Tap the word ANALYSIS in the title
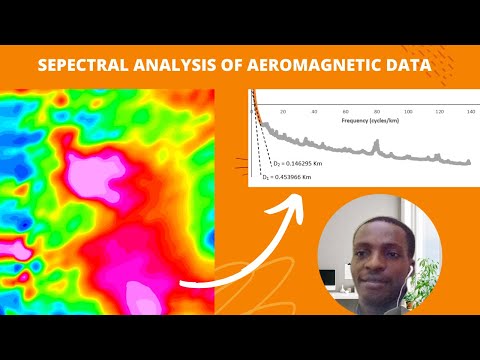pos(186,66)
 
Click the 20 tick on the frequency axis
pos(283,112)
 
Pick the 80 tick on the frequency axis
pos(376,112)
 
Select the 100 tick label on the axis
pos(407,112)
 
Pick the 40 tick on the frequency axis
pos(314,112)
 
